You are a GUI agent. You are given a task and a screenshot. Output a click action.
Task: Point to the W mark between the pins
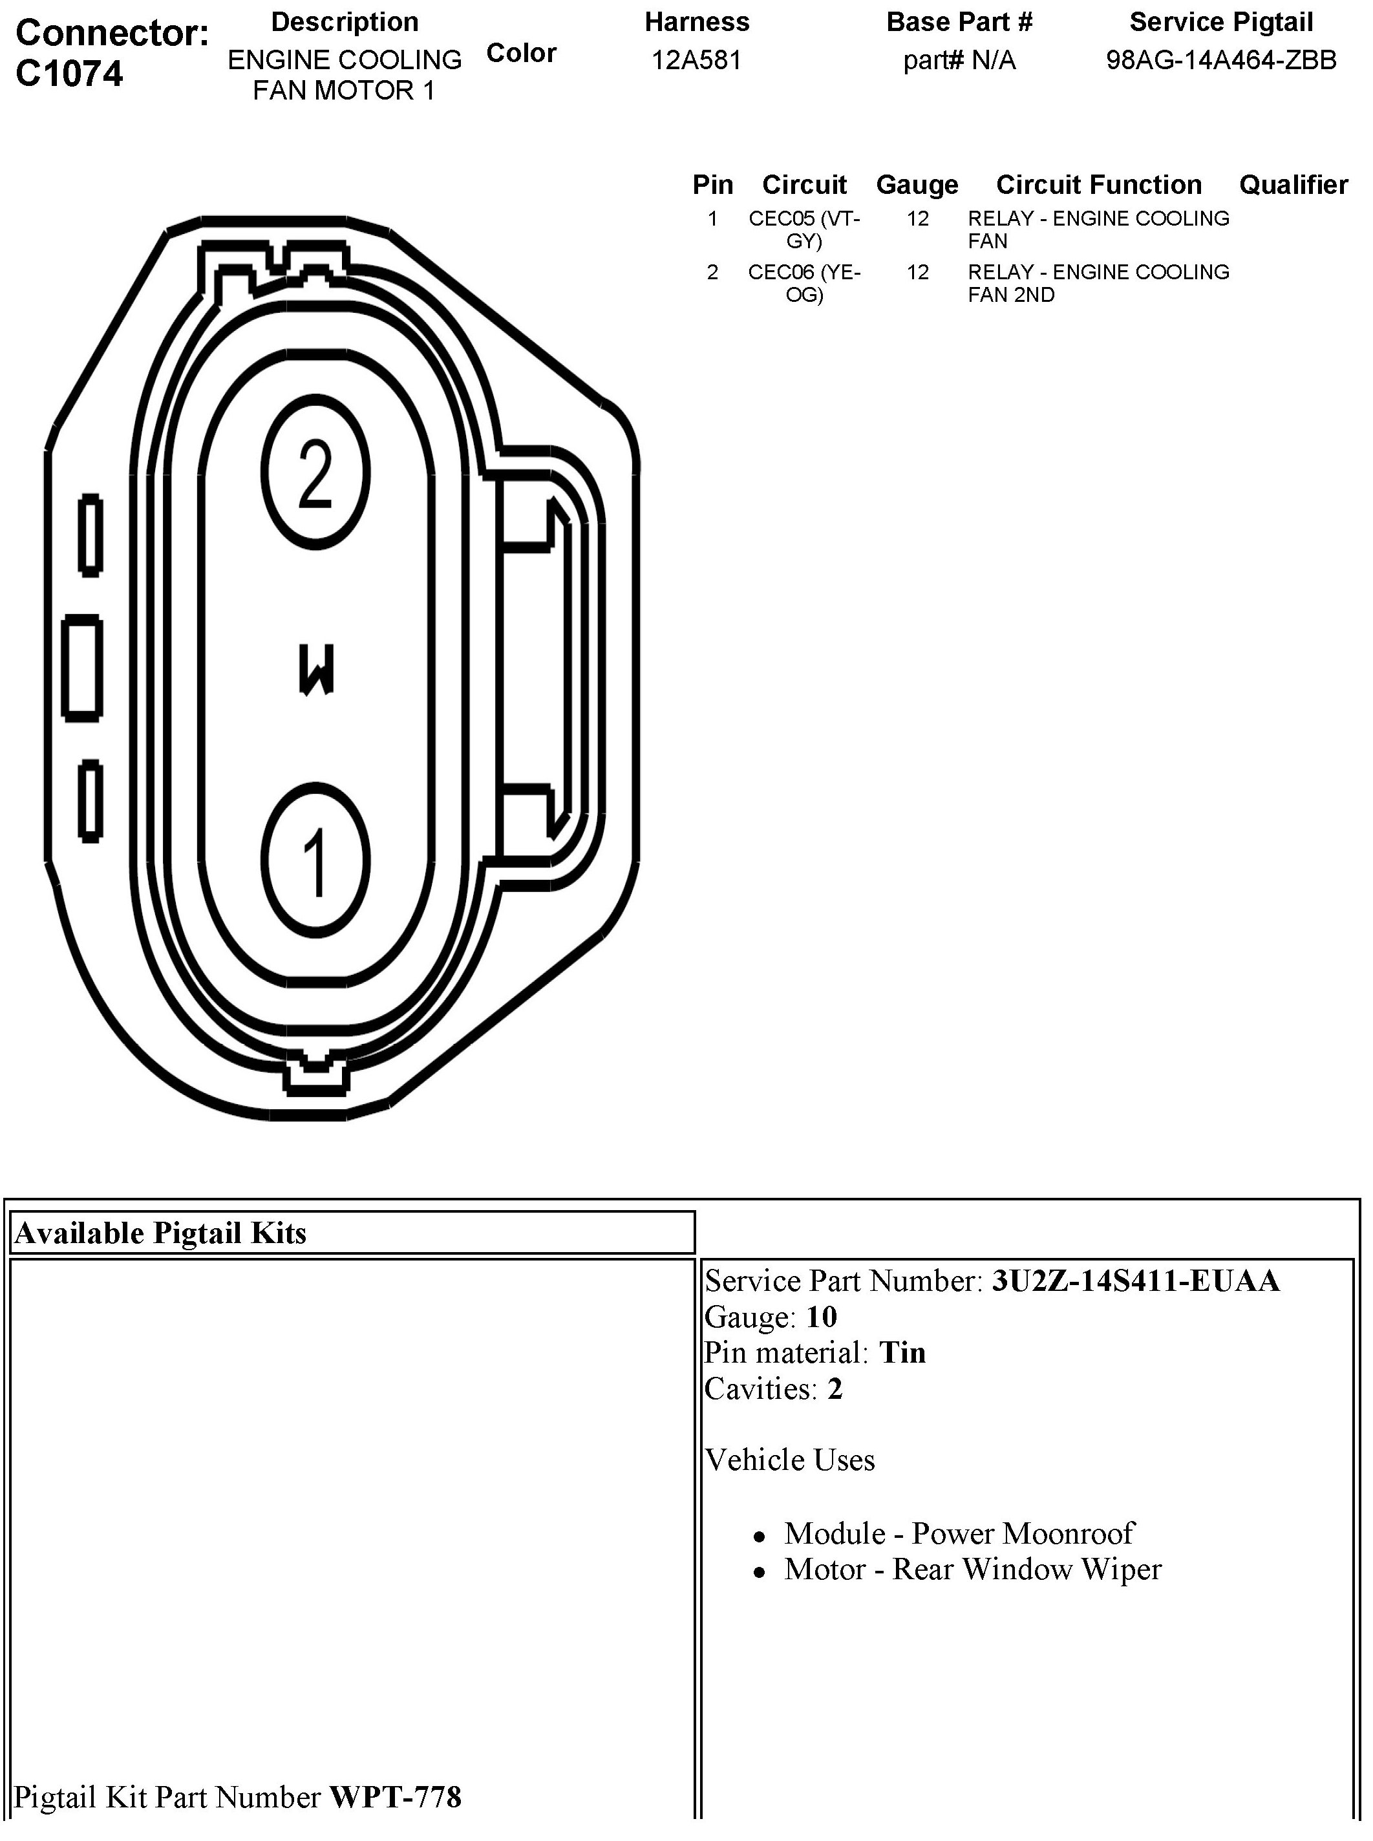316,669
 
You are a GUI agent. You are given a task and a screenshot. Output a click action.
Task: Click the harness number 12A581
696,61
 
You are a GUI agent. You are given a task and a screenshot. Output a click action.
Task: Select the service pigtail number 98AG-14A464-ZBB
1221,61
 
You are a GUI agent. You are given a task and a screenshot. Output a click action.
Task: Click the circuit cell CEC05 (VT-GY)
804,229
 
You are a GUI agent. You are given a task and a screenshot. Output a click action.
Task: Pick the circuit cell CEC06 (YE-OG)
804,283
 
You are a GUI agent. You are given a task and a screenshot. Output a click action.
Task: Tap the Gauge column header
917,184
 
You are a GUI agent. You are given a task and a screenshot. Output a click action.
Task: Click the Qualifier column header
1293,184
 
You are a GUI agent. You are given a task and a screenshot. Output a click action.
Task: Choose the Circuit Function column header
1099,184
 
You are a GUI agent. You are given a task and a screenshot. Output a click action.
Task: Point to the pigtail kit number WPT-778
396,1797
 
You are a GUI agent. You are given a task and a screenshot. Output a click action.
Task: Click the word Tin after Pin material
902,1353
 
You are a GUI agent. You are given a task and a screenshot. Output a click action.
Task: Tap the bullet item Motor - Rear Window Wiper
972,1570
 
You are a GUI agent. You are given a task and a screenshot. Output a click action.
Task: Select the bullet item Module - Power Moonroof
959,1533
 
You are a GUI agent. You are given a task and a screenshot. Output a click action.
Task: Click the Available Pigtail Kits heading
160,1233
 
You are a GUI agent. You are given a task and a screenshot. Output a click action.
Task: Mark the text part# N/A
959,61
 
